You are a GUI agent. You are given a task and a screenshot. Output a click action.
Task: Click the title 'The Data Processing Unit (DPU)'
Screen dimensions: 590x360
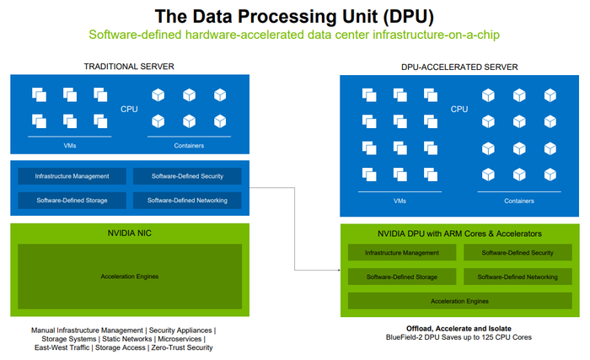pyautogui.click(x=294, y=17)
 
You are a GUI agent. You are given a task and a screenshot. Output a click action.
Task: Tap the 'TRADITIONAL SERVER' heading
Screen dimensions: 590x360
pyautogui.click(x=129, y=67)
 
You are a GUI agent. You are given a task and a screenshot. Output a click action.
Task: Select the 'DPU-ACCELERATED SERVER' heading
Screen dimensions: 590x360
pyautogui.click(x=459, y=67)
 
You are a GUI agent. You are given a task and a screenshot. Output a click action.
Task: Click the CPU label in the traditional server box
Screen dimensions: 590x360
pyautogui.click(x=129, y=110)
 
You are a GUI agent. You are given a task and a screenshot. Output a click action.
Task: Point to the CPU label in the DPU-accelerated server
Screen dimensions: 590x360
pyautogui.click(x=459, y=110)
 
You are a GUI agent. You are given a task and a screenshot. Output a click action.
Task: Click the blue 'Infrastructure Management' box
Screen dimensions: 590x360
pyautogui.click(x=72, y=176)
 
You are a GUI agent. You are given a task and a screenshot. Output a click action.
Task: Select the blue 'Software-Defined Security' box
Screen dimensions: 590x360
pyautogui.click(x=187, y=176)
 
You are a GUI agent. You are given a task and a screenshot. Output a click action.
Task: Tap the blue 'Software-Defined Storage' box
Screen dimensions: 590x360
pyautogui.click(x=72, y=201)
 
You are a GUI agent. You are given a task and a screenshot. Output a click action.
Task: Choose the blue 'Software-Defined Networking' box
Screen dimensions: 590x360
pyautogui.click(x=187, y=201)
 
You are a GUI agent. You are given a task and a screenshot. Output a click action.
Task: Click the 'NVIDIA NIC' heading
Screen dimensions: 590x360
pyautogui.click(x=130, y=233)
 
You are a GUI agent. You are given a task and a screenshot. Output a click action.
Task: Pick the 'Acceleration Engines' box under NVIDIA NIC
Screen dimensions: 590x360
pyautogui.click(x=130, y=277)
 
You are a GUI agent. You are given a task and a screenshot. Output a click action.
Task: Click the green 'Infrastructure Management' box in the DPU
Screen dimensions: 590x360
pyautogui.click(x=402, y=253)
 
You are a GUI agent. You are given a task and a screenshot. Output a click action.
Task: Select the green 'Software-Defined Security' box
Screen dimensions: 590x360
pyautogui.click(x=518, y=253)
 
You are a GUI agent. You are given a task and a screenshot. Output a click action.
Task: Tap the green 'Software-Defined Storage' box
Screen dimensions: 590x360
pyautogui.click(x=402, y=277)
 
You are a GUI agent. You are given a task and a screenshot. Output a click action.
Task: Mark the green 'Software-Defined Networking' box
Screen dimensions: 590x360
pyautogui.click(x=518, y=277)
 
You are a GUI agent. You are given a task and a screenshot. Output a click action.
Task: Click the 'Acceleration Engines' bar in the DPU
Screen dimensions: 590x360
pyautogui.click(x=460, y=301)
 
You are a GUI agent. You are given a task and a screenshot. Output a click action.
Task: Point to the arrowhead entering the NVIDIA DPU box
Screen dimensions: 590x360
pyautogui.click(x=339, y=270)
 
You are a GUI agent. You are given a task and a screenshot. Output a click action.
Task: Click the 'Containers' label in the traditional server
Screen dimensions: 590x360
pyautogui.click(x=189, y=146)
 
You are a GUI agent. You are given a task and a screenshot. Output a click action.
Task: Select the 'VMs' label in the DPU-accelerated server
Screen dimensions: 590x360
pyautogui.click(x=400, y=201)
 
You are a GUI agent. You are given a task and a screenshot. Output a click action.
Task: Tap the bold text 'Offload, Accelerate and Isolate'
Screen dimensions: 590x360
pyautogui.click(x=459, y=328)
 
